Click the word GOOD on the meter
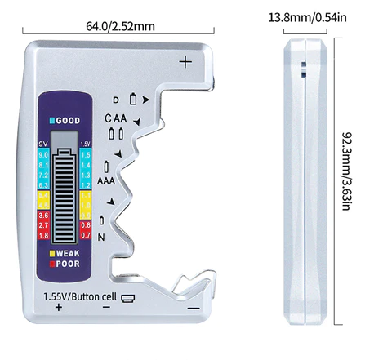[x=67, y=120]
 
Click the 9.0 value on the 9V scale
[x=43, y=154]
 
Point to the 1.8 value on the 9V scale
[x=43, y=235]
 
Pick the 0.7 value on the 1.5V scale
[x=87, y=235]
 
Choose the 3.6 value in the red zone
[x=43, y=216]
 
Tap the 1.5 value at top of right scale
[x=87, y=154]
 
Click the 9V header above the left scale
[x=43, y=144]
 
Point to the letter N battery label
[x=101, y=237]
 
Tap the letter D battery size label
[x=116, y=100]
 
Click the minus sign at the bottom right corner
[x=193, y=308]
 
